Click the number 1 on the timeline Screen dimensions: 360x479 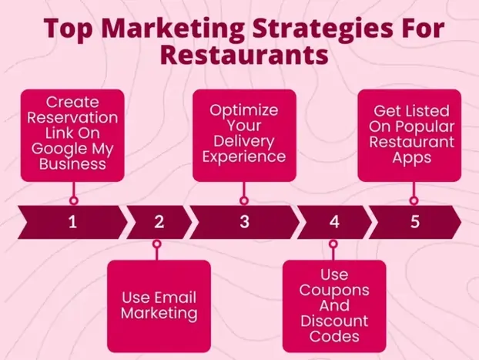(x=72, y=222)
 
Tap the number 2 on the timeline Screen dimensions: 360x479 (x=159, y=222)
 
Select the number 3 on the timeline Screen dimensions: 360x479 (x=244, y=222)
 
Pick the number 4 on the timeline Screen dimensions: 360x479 (x=333, y=222)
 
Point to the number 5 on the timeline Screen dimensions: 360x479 (x=414, y=222)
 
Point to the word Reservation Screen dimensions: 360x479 (x=72, y=118)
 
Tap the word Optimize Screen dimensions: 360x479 (x=244, y=109)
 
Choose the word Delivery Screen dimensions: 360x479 (x=245, y=141)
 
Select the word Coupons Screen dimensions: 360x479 (x=333, y=291)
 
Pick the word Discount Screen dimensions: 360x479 (x=333, y=321)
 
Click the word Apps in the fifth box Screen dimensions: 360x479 (x=410, y=158)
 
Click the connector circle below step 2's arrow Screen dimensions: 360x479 (x=157, y=244)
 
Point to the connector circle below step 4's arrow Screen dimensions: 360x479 (x=333, y=244)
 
